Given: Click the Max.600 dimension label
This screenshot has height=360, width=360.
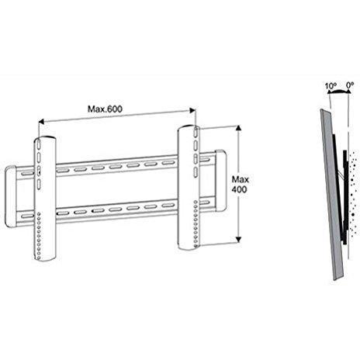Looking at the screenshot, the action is pyautogui.click(x=105, y=109).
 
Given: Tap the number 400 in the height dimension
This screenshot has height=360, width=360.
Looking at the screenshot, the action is pyautogui.click(x=239, y=189).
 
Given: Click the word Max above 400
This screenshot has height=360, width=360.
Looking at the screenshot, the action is pyautogui.click(x=241, y=179).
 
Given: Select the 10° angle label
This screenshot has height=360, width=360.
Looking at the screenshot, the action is pyautogui.click(x=331, y=85).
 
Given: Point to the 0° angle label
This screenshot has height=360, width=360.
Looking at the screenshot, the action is pyautogui.click(x=350, y=85).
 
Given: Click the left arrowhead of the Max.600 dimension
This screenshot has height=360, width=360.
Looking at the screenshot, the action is pyautogui.click(x=41, y=122).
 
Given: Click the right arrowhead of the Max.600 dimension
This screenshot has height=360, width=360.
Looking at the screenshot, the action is pyautogui.click(x=192, y=110).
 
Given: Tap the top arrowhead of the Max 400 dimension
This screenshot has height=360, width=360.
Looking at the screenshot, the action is pyautogui.click(x=239, y=128).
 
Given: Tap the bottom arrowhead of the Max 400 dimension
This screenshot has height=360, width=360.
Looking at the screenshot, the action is pyautogui.click(x=239, y=240).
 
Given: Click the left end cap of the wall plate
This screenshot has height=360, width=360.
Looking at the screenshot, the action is pyautogui.click(x=11, y=196).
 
